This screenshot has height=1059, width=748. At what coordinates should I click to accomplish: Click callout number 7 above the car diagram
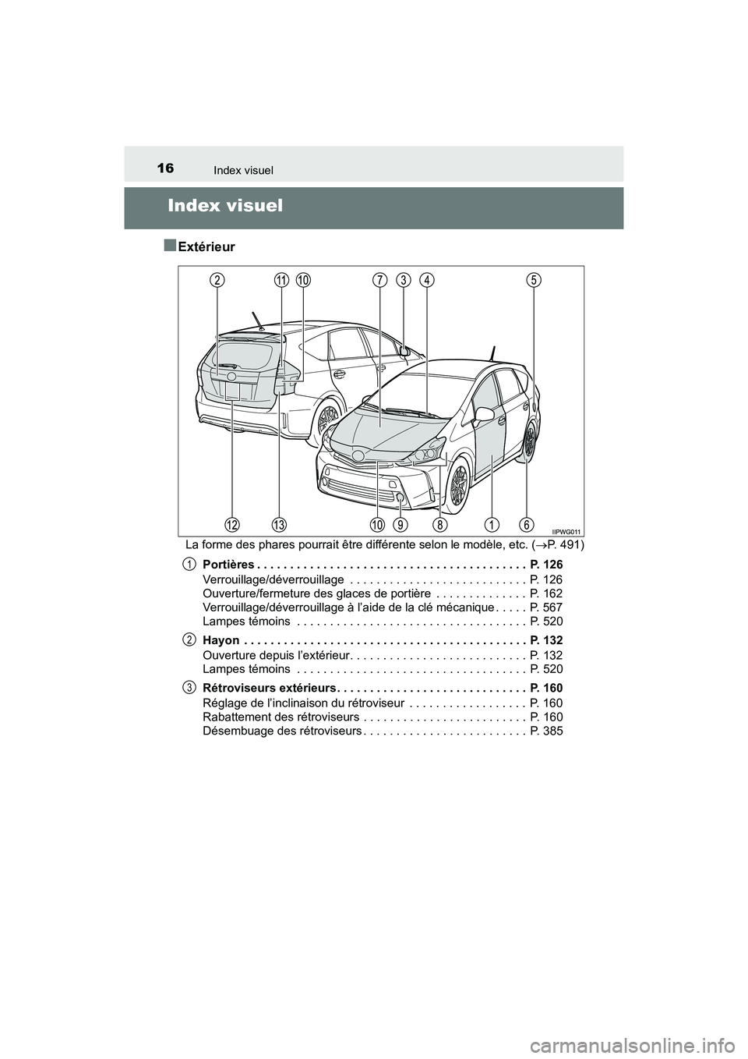(x=379, y=280)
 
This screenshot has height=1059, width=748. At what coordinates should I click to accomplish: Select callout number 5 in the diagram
(x=534, y=280)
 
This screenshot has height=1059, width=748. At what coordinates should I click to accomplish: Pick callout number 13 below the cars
(x=279, y=522)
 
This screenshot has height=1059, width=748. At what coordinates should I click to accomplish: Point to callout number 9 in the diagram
(x=400, y=522)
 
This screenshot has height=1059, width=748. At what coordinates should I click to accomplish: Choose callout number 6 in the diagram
(x=527, y=522)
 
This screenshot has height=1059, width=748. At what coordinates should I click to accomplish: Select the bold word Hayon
(x=221, y=640)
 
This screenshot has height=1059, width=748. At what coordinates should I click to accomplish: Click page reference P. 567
(x=545, y=607)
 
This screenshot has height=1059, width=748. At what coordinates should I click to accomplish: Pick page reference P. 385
(x=545, y=731)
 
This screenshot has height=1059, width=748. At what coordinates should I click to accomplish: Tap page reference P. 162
(x=545, y=593)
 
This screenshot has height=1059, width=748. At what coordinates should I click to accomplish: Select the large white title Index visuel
(x=225, y=206)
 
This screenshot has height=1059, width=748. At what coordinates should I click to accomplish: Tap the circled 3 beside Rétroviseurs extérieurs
(x=189, y=687)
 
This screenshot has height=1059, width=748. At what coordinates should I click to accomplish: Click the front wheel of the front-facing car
(x=459, y=484)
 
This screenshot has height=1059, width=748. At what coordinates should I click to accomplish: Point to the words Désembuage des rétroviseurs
(x=281, y=731)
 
